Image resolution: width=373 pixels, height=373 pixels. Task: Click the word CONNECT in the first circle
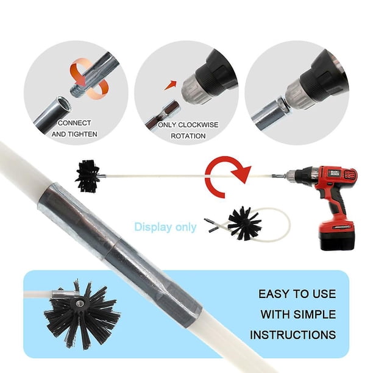(x=74, y=123)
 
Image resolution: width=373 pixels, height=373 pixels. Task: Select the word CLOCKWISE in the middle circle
(x=198, y=125)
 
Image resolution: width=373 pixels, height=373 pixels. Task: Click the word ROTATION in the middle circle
(x=188, y=136)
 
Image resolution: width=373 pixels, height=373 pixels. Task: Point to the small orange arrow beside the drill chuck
(x=171, y=85)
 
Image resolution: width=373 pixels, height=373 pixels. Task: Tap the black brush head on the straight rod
(x=88, y=176)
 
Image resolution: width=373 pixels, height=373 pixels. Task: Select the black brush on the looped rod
(x=244, y=223)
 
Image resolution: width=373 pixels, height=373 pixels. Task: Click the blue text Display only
(x=165, y=227)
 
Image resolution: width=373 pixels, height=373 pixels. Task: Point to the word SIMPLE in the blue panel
(x=314, y=314)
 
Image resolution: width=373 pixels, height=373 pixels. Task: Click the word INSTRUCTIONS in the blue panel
(x=293, y=335)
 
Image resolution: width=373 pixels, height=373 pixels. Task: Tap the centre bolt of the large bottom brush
(x=78, y=303)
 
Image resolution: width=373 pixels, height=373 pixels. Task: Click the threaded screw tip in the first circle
(x=77, y=90)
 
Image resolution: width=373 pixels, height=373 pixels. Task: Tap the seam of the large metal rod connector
(x=113, y=246)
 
